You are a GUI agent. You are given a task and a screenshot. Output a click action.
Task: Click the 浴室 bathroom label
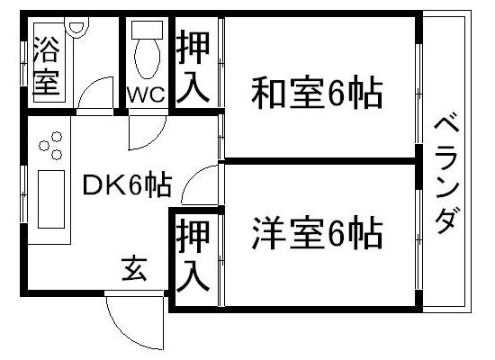(47, 66)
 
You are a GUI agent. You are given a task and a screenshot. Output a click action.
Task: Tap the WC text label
(146, 94)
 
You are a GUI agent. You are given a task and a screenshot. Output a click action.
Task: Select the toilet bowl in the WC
(147, 58)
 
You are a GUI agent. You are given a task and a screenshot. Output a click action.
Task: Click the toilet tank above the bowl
(147, 30)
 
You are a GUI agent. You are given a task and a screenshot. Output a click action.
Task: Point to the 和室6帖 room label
(317, 92)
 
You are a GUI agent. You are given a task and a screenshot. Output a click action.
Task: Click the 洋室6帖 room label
(317, 232)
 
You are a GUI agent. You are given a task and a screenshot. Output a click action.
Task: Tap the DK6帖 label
(127, 184)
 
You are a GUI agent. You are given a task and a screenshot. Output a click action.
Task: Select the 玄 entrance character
(135, 269)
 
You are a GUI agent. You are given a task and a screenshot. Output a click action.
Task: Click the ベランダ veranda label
(446, 175)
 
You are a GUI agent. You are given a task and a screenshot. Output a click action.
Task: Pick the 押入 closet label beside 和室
(193, 67)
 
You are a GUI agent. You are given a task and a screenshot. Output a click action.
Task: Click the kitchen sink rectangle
(51, 199)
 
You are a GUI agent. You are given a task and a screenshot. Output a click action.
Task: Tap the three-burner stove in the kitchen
(50, 146)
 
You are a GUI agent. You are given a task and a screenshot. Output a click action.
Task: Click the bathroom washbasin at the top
(76, 28)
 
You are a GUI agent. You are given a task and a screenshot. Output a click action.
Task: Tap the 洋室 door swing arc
(189, 176)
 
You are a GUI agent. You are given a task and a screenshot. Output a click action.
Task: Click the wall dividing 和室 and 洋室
(319, 161)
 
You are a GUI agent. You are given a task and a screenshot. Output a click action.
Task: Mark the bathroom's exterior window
(23, 63)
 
